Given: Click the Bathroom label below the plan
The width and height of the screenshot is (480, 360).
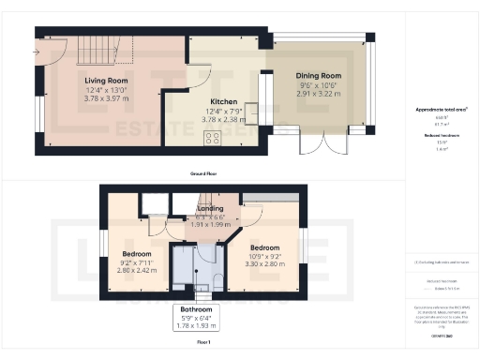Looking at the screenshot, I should coord(196,309).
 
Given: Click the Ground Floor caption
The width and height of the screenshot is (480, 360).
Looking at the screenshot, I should coord(203,174).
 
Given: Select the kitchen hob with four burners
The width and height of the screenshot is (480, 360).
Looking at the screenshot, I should coord(212,138).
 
